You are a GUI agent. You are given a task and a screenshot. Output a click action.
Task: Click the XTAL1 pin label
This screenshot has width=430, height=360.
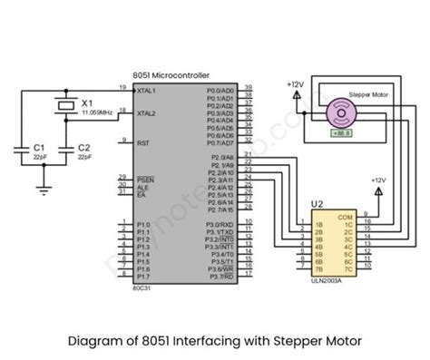tap(146, 92)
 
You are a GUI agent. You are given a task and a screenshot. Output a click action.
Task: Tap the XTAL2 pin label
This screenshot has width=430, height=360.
tap(146, 113)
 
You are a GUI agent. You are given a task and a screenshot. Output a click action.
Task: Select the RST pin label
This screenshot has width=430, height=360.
tap(142, 142)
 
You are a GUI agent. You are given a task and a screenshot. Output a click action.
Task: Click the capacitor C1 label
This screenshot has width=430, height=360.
tap(39, 146)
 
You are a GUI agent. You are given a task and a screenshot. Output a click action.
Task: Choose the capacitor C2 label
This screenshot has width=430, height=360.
tap(83, 146)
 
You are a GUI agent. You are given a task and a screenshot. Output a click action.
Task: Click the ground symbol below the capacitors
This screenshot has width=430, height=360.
tap(41, 190)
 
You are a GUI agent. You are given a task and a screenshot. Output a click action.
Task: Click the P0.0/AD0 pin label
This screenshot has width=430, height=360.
tap(220, 92)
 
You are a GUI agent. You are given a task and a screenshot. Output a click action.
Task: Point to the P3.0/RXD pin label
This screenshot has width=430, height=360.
tap(220, 223)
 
